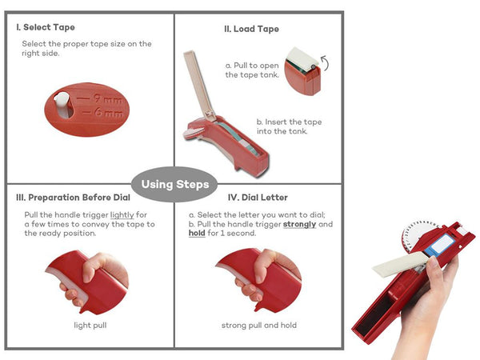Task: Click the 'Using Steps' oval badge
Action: coord(174,184)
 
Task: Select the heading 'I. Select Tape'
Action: coord(46,27)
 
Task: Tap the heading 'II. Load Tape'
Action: coord(251,29)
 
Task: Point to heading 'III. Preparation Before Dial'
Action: coord(73,198)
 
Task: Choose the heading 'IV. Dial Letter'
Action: coord(258,198)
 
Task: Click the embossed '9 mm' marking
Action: coord(108,98)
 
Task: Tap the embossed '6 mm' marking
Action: coord(109,113)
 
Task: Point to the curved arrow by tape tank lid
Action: coord(325,62)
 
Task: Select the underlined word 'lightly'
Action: coord(122,215)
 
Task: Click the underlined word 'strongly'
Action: coord(299,224)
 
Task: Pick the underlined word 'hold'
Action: coord(197,234)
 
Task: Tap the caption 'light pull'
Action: coord(90,325)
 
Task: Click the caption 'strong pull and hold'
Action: coord(259,325)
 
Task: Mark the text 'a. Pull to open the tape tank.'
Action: coord(252,70)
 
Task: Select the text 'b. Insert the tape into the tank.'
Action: coord(289,126)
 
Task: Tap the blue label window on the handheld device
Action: coord(439,245)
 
